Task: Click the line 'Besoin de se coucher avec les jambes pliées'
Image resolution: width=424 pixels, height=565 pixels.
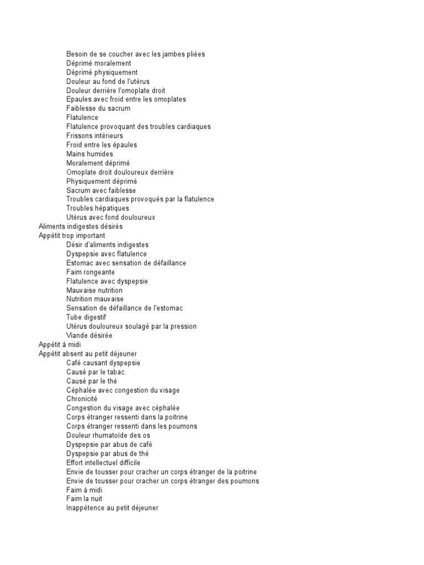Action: coord(135,54)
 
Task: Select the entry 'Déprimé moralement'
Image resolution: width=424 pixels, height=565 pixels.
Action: coord(98,63)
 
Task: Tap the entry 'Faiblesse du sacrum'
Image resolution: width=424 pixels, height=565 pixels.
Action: coord(98,109)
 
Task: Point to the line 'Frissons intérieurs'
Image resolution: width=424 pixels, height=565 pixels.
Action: coord(94,136)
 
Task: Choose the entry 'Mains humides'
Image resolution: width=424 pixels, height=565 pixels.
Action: coord(89,154)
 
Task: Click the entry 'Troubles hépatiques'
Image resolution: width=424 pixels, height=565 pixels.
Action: coord(98,209)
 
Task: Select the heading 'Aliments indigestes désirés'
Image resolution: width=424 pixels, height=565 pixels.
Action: coord(81,227)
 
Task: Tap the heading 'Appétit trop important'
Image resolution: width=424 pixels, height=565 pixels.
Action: coord(72,236)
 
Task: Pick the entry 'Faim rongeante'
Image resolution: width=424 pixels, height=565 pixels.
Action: coord(91,272)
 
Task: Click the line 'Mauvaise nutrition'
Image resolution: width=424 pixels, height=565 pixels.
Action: coord(94,290)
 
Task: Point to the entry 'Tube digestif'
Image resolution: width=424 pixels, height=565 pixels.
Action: coord(86,317)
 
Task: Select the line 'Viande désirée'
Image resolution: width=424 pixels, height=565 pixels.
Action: coord(89,335)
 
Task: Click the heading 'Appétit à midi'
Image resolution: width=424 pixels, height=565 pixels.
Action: coord(60,344)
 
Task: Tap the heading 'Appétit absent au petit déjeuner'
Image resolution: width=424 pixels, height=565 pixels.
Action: coord(88,354)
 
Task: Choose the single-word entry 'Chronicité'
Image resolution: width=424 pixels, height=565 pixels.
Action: coord(82,399)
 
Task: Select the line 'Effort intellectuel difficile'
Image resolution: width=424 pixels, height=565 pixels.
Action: coord(103,462)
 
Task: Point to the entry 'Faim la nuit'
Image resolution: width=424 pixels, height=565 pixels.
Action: coord(84,499)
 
